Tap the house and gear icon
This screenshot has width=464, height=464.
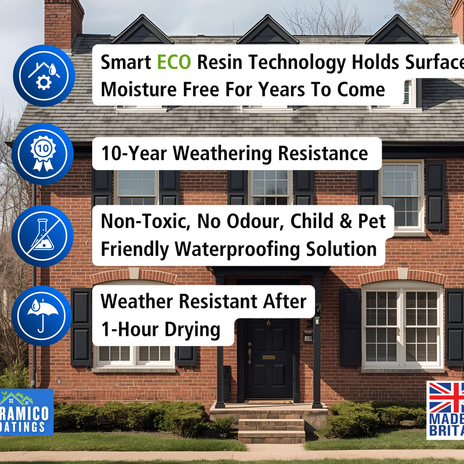[43, 75]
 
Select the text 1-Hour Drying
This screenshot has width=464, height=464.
[161, 329]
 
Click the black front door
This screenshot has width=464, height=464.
[268, 360]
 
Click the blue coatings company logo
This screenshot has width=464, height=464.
[26, 412]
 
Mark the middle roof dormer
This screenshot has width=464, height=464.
[269, 30]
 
